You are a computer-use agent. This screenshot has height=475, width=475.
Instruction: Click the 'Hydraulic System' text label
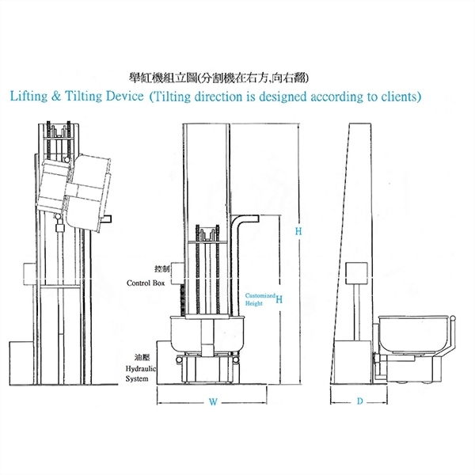click(142, 374)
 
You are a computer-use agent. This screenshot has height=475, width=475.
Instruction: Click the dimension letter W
click(213, 402)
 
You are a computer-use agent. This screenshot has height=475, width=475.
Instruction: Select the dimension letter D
click(381, 402)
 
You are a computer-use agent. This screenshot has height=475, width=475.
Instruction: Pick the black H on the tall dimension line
click(298, 231)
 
